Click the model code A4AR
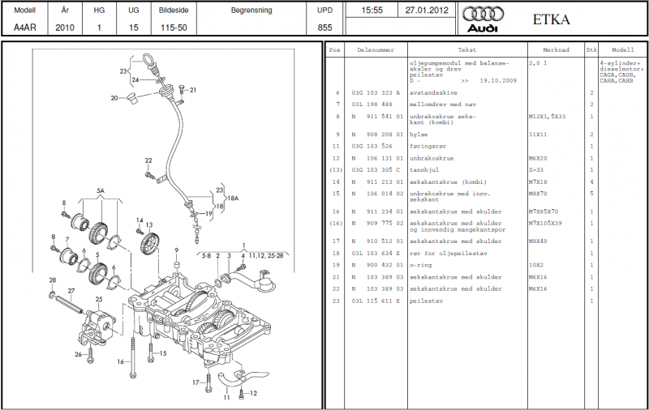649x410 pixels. click(24, 28)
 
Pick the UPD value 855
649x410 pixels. click(324, 28)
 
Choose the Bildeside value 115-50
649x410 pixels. click(174, 28)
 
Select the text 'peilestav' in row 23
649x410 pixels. click(423, 301)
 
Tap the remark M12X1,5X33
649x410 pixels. click(548, 116)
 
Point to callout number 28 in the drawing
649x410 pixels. click(52, 280)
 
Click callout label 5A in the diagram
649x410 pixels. click(101, 191)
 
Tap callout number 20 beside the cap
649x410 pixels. click(115, 98)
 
